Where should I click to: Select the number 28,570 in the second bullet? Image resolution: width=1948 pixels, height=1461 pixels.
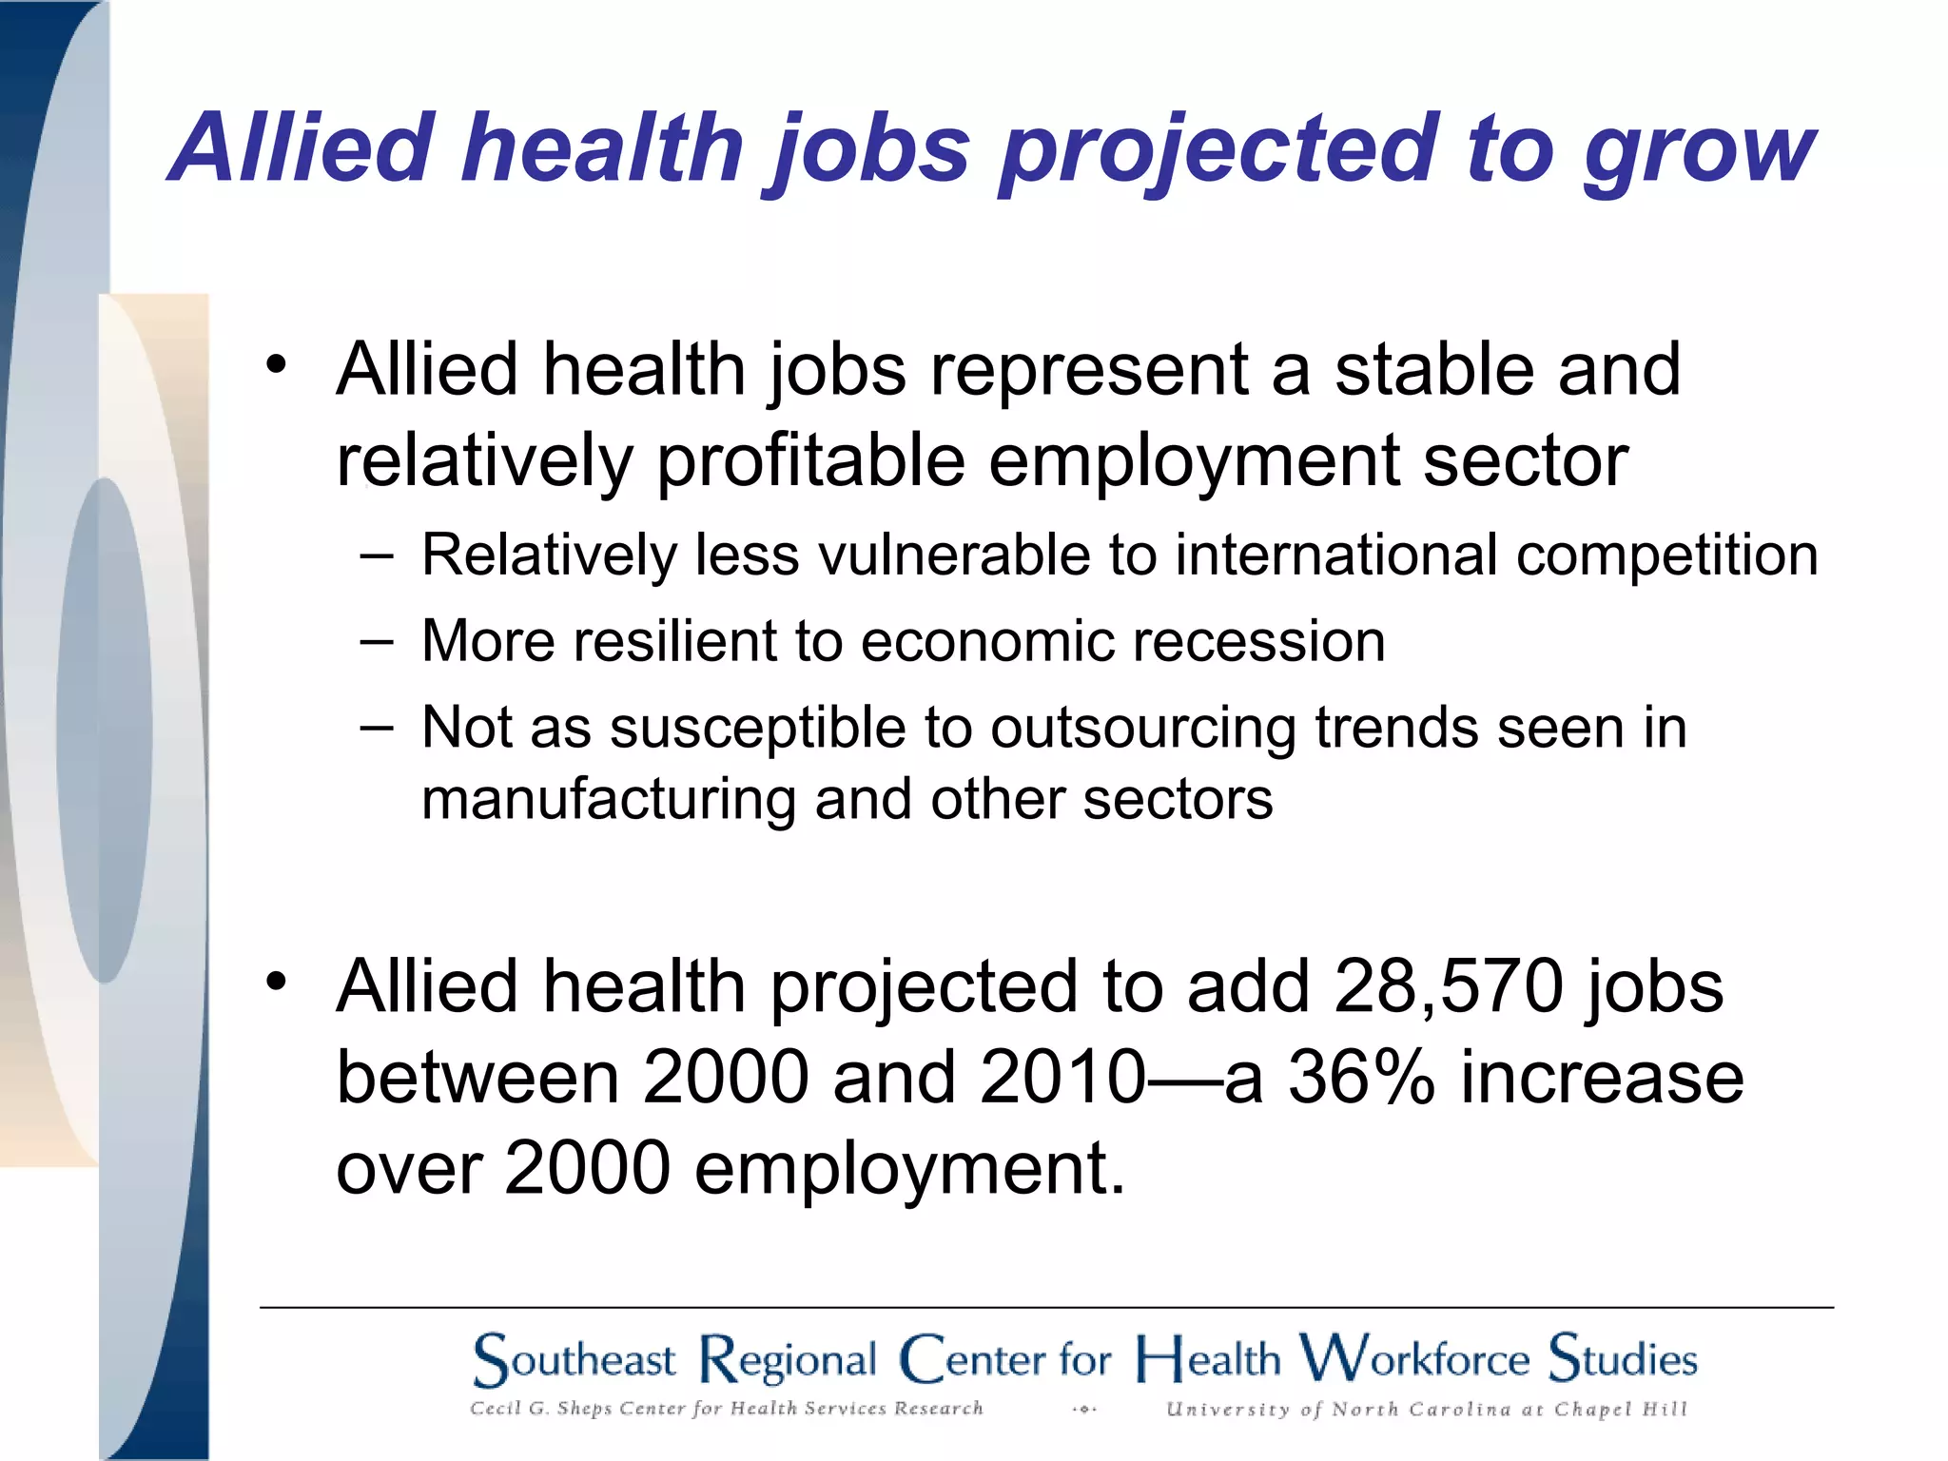tap(1448, 986)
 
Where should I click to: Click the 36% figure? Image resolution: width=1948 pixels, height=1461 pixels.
tap(1360, 1078)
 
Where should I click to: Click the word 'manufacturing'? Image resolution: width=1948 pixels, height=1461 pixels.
tap(608, 799)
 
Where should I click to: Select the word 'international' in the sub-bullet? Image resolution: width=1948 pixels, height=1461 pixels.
tap(1336, 555)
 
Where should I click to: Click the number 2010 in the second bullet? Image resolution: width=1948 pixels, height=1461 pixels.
tap(1062, 1078)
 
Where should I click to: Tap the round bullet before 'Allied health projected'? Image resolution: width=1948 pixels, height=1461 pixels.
tap(276, 981)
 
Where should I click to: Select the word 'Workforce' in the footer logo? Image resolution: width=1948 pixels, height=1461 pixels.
tap(1414, 1358)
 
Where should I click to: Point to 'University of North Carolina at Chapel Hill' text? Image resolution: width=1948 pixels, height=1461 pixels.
tap(1426, 1410)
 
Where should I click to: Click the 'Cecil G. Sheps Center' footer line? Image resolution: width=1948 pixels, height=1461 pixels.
tap(726, 1409)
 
